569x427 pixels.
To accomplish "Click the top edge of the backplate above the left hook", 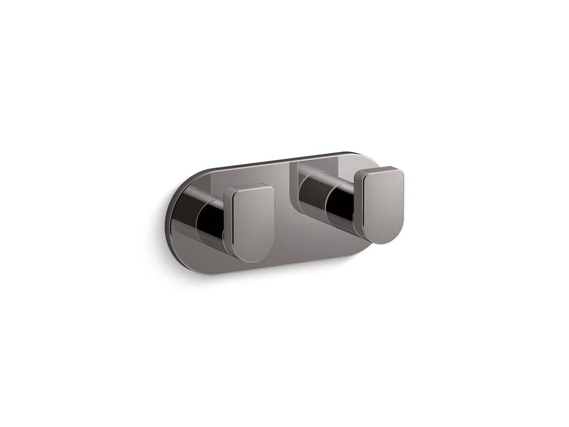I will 244,170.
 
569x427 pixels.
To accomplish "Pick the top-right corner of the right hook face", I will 400,171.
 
